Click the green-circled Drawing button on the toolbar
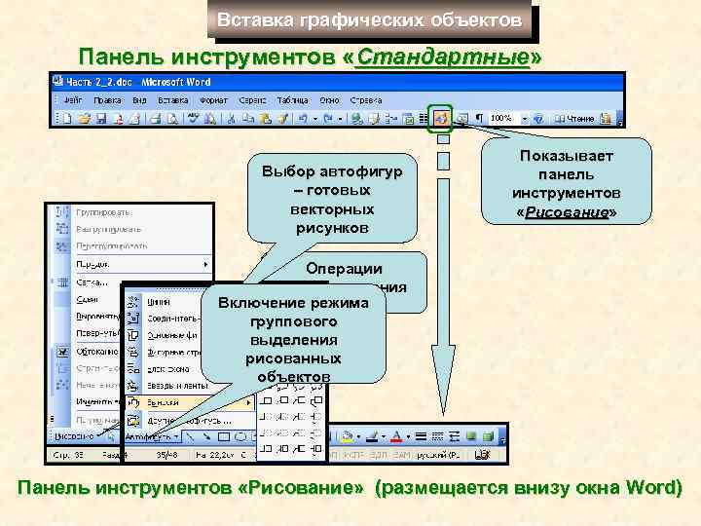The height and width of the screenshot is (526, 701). (x=441, y=118)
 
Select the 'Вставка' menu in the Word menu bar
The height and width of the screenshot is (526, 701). (x=173, y=99)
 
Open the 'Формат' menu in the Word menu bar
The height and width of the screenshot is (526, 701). (x=214, y=99)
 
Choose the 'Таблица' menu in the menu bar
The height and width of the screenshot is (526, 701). (x=292, y=99)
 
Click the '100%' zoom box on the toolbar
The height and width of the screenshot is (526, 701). (x=500, y=118)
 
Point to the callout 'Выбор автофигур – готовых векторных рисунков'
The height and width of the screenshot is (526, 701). (x=332, y=199)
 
